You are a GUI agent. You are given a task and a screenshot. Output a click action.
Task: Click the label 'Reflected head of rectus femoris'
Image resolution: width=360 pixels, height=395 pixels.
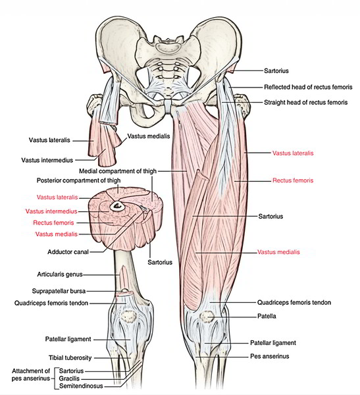[308, 87]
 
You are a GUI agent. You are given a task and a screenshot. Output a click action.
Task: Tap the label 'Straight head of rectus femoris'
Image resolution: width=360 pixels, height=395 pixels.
[305, 103]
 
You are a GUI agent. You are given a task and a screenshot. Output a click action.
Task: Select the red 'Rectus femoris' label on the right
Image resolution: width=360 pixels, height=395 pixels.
[293, 180]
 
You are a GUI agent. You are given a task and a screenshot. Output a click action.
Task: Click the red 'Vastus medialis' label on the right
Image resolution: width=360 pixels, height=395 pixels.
[278, 252]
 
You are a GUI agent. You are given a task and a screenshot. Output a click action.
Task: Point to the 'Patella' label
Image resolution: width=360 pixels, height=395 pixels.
[267, 316]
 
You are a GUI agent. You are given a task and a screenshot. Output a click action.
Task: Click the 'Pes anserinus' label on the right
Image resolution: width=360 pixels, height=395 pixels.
[270, 356]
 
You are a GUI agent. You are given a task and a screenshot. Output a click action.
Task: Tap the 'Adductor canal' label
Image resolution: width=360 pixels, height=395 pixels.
[68, 252]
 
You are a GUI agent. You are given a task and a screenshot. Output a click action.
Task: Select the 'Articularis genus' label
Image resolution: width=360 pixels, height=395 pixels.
[60, 275]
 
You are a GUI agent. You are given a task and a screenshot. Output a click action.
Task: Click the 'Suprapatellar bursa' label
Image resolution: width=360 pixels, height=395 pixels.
[59, 291]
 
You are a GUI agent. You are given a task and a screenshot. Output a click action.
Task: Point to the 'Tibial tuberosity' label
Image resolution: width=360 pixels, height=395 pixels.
[70, 357]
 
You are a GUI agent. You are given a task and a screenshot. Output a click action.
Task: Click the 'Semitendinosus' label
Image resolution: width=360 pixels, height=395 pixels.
[81, 386]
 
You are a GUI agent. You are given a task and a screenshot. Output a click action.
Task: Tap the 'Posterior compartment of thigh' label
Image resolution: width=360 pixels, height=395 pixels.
[78, 180]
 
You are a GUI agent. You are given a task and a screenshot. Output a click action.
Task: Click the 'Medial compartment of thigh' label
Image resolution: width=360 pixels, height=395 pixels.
[118, 171]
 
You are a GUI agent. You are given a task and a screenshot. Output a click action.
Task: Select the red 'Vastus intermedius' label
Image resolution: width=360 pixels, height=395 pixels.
[51, 211]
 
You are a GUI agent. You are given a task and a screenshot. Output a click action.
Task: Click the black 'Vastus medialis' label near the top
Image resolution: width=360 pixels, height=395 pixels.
[149, 136]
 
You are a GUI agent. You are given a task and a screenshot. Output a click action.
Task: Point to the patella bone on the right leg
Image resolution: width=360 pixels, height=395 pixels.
[207, 317]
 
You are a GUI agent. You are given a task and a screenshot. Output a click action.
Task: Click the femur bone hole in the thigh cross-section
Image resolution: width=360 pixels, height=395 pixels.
[116, 206]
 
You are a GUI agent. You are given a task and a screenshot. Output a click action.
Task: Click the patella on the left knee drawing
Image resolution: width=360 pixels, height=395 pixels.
[128, 317]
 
